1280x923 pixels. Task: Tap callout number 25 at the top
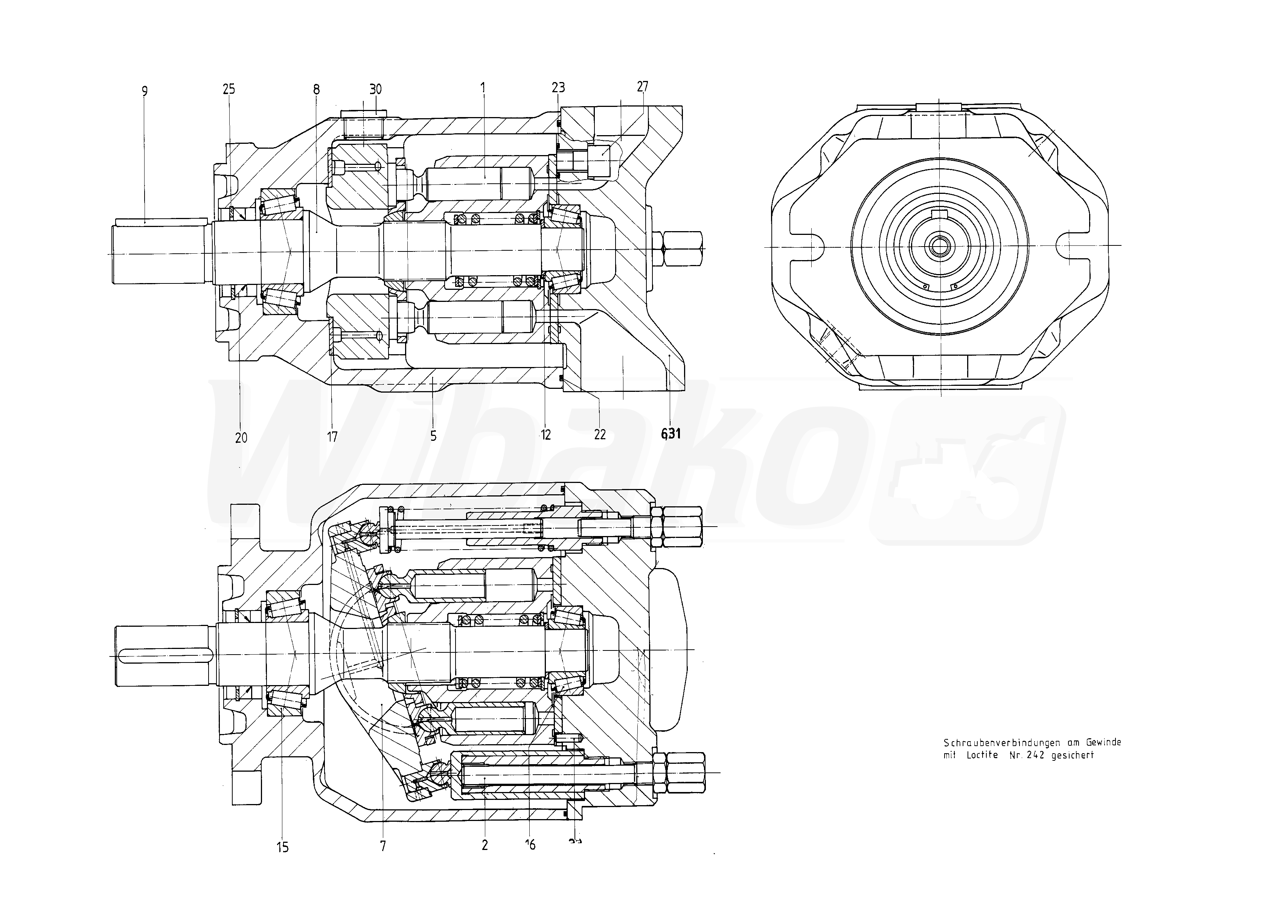point(229,89)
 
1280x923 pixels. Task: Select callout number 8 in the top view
point(316,89)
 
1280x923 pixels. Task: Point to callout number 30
point(375,89)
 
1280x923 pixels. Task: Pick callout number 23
point(558,87)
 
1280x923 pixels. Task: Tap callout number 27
point(642,86)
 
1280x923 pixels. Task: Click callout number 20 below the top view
point(241,437)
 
